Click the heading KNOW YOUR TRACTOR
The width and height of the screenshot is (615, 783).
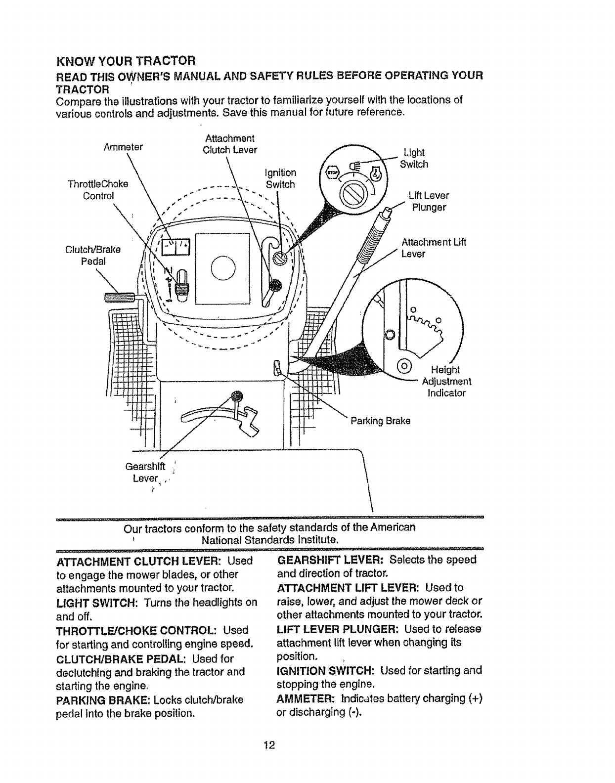pyautogui.click(x=127, y=62)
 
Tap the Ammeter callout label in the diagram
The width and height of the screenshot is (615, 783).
pyautogui.click(x=123, y=147)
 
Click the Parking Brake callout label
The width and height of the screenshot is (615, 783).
pyautogui.click(x=380, y=421)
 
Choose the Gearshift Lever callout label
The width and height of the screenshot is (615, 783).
pyautogui.click(x=145, y=472)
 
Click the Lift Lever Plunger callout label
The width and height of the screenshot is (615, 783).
pyautogui.click(x=429, y=202)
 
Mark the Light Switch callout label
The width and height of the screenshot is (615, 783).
pyautogui.click(x=414, y=158)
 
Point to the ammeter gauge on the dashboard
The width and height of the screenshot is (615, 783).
pyautogui.click(x=176, y=246)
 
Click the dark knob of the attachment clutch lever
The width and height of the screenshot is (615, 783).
pyautogui.click(x=274, y=284)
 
